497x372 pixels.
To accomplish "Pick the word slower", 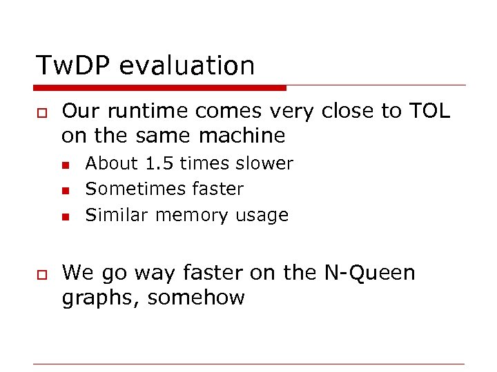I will click(264, 164).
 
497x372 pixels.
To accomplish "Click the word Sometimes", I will click(124, 189).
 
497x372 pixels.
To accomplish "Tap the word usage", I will click(262, 216).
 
